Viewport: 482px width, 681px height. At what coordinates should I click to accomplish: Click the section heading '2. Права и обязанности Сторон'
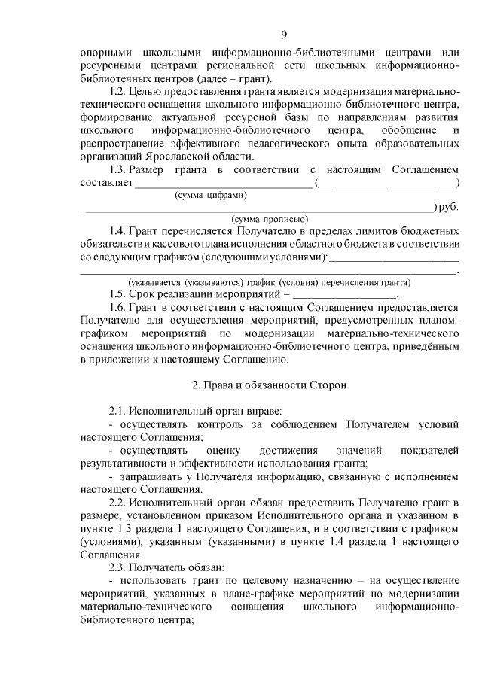pyautogui.click(x=269, y=385)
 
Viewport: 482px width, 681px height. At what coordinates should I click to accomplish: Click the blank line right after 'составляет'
pyautogui.click(x=223, y=183)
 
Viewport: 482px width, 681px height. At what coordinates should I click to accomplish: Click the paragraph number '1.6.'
pyautogui.click(x=117, y=308)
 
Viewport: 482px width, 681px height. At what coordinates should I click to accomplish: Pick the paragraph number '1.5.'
pyautogui.click(x=117, y=295)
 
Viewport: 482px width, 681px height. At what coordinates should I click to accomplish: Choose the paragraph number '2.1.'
pyautogui.click(x=117, y=411)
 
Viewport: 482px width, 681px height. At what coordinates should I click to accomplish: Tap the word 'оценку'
pyautogui.click(x=224, y=450)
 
